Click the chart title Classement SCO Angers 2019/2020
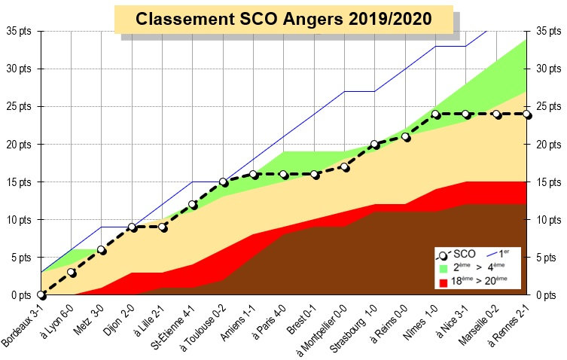point(284,19)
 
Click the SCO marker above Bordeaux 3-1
point(41,295)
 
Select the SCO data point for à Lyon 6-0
point(72,273)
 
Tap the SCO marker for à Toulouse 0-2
point(224,182)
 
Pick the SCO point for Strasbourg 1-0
point(375,144)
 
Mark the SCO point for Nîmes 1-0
point(435,114)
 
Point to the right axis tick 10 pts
point(547,220)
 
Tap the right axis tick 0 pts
point(547,295)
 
